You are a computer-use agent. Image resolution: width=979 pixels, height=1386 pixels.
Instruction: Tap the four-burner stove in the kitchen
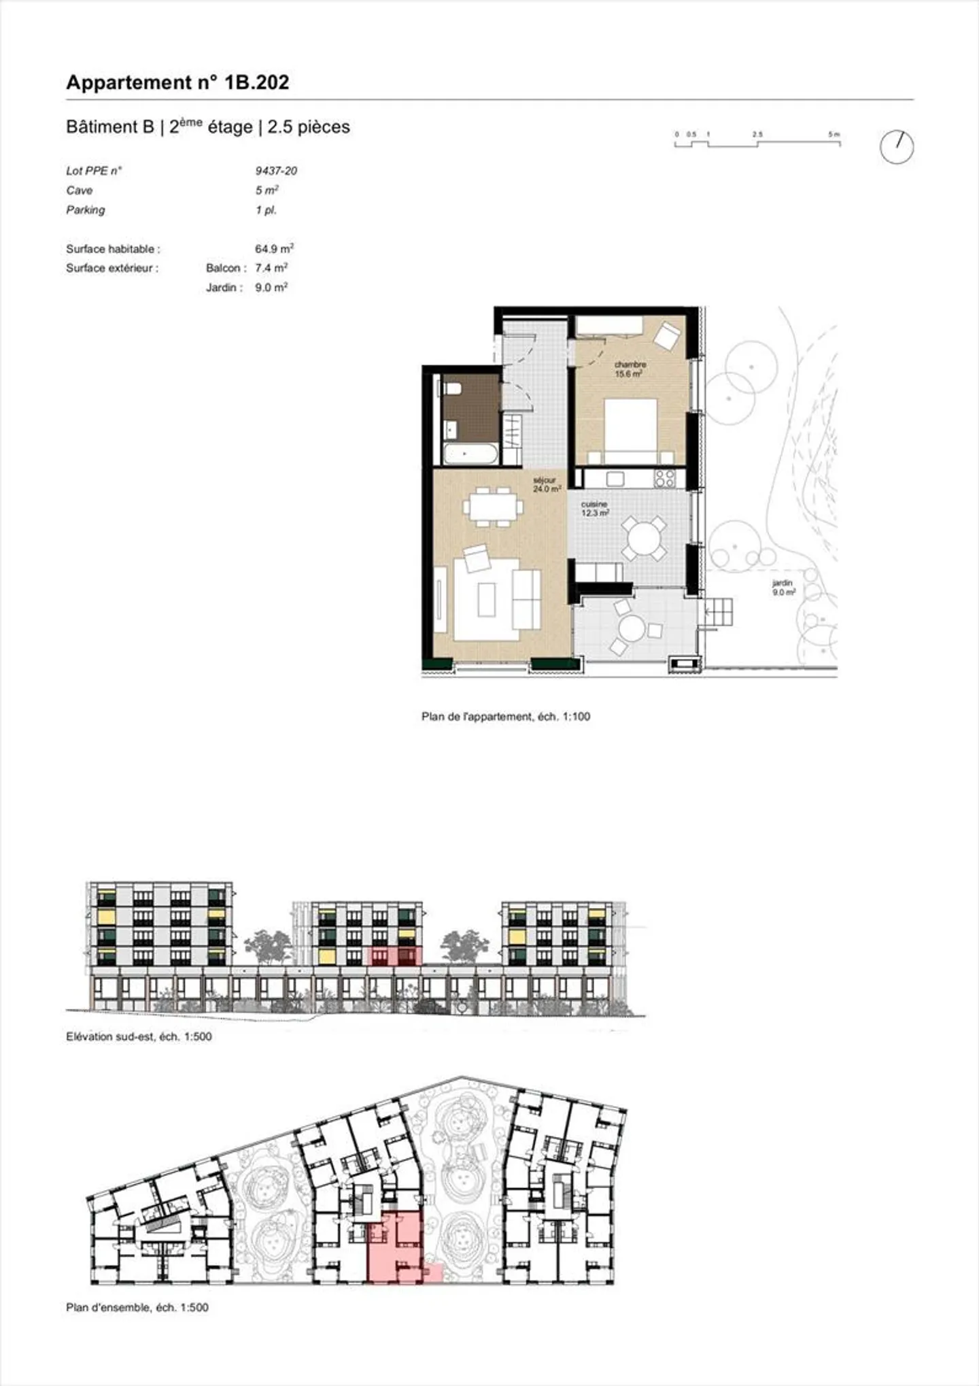point(664,478)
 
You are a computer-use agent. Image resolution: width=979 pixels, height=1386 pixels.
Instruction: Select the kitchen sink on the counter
point(615,478)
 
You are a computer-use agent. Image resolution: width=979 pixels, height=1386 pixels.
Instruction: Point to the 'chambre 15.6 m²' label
point(630,369)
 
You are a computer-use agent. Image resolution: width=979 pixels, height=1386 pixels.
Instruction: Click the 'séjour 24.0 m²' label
point(546,484)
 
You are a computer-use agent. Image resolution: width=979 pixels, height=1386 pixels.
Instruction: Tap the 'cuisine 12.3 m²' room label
point(594,509)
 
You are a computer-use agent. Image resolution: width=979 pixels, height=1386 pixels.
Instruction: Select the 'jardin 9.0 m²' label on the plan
point(783,588)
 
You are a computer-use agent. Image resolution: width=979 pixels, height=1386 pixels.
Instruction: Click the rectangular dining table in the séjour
point(494,506)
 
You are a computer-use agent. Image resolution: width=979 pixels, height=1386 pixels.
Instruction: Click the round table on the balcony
point(632,628)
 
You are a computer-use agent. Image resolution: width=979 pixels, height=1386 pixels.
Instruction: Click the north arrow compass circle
point(896,147)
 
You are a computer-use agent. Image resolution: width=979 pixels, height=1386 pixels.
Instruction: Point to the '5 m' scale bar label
point(834,135)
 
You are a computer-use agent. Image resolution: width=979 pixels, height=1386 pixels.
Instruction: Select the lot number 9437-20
point(276,171)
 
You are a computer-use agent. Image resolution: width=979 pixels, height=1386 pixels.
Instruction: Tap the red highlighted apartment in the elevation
point(394,956)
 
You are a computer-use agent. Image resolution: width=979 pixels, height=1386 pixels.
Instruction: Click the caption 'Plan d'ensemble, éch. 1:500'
point(137,1307)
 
